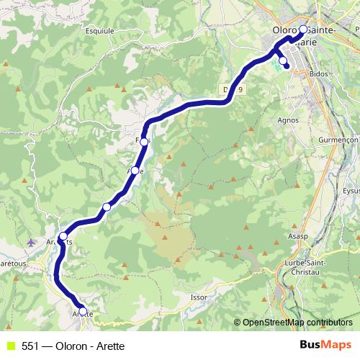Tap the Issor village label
click(199, 296)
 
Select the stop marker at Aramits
click(63, 236)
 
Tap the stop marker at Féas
click(144, 142)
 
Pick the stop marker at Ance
click(135, 171)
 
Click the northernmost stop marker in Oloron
click(303, 30)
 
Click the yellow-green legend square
click(9, 346)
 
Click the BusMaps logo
click(326, 345)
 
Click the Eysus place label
click(351, 191)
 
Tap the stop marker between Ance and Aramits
click(107, 207)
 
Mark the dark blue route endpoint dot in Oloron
click(287, 67)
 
